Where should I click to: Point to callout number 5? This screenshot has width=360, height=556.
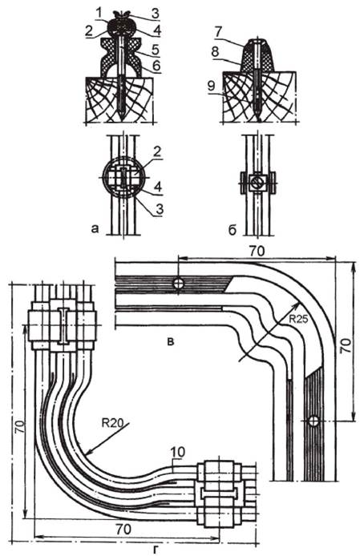click(155, 50)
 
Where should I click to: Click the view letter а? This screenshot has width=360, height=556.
click(95, 228)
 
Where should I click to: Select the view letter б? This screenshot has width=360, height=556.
click(233, 230)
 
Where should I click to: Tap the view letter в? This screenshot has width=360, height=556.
click(171, 342)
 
